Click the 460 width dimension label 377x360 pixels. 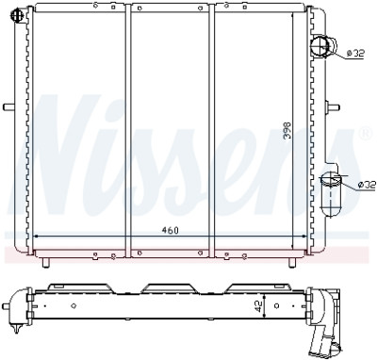tap(170, 230)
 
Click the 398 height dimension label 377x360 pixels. tap(287, 131)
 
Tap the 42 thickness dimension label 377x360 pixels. tap(258, 306)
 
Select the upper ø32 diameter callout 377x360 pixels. tap(355, 54)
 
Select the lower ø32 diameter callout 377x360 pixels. tap(367, 185)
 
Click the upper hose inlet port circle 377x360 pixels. tap(320, 46)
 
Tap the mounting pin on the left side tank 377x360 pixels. tap(9, 107)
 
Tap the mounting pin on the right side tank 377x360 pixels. tap(333, 107)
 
